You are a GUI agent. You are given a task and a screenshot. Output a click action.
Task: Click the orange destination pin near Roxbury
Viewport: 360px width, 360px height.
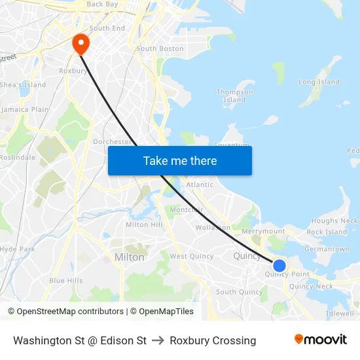(x=81, y=44)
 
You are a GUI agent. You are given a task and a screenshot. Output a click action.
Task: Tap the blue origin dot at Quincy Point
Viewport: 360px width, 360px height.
(x=279, y=265)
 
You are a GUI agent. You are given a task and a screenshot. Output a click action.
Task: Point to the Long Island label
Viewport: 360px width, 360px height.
(x=319, y=82)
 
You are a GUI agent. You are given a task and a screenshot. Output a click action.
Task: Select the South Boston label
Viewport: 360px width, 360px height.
(x=160, y=48)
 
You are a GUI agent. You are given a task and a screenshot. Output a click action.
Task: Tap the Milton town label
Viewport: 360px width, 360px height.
(x=129, y=257)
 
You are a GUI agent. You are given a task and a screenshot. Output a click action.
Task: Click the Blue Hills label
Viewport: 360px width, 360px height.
(x=66, y=280)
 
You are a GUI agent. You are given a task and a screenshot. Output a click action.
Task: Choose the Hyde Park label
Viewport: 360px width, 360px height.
(x=17, y=249)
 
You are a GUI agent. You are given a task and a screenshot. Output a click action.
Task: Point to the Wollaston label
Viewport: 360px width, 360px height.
(x=213, y=228)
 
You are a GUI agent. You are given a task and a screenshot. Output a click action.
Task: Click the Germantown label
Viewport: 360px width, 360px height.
(x=327, y=249)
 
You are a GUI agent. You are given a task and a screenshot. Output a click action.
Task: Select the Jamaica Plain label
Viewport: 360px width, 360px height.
(x=25, y=109)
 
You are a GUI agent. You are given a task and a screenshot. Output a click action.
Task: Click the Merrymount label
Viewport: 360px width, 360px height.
(x=263, y=231)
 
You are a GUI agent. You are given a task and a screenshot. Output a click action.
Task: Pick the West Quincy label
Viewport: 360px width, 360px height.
(x=192, y=256)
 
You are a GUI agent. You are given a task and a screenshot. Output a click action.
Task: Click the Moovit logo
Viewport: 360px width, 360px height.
(x=321, y=340)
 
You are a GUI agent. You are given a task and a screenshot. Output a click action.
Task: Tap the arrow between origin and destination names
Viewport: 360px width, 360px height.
(x=158, y=340)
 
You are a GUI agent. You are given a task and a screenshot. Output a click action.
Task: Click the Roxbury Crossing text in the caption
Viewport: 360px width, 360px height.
(x=213, y=340)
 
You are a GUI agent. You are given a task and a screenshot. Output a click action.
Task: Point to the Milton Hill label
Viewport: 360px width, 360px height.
(x=144, y=225)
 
